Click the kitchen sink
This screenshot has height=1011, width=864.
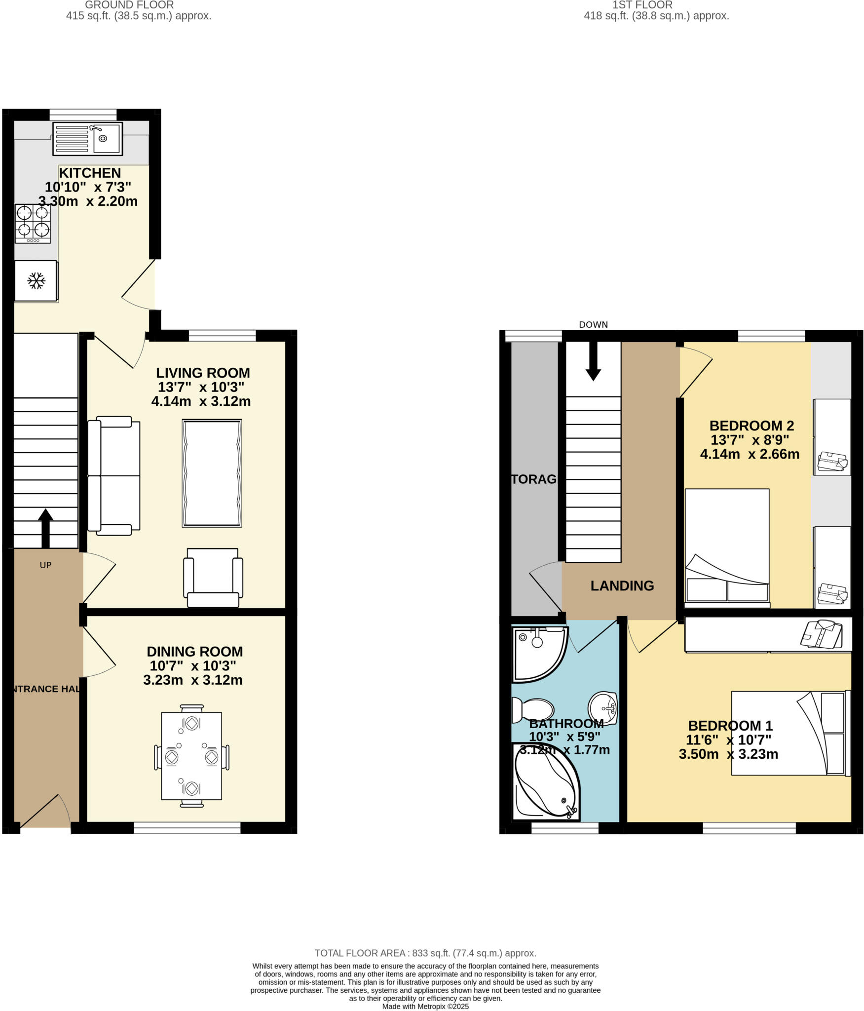(87, 139)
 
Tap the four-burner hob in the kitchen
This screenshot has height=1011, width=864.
(33, 224)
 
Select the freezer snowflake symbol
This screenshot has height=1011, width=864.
(36, 281)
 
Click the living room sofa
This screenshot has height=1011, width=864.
(114, 476)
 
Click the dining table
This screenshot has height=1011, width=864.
(191, 755)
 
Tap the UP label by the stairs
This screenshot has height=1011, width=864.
(45, 565)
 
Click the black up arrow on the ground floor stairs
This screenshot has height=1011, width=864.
(45, 528)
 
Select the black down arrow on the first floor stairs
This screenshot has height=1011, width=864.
(593, 361)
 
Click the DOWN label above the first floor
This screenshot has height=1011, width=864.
(593, 325)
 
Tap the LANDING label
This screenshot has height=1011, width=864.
(622, 585)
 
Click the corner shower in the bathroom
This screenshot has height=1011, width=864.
(538, 654)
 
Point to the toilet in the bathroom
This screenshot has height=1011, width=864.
(532, 709)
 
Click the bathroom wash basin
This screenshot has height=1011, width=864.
(603, 708)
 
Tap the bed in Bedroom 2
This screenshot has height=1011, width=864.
(727, 547)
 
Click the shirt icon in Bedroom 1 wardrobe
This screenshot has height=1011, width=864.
(821, 634)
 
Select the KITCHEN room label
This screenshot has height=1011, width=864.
(90, 173)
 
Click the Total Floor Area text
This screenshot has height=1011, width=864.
(425, 953)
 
